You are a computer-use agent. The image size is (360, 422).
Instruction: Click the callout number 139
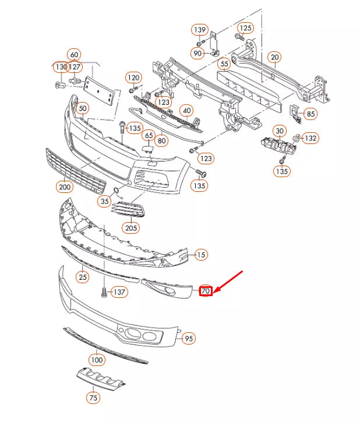pyautogui.click(x=200, y=29)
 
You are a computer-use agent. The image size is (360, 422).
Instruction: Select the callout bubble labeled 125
pyautogui.click(x=246, y=27)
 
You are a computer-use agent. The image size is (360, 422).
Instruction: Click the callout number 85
pyautogui.click(x=311, y=114)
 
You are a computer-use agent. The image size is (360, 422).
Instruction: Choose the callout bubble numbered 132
pyautogui.click(x=311, y=138)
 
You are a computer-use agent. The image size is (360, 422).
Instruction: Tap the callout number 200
pyautogui.click(x=64, y=187)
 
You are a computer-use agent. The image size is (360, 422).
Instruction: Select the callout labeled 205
pyautogui.click(x=131, y=227)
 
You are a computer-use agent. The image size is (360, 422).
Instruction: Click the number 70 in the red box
pyautogui.click(x=205, y=291)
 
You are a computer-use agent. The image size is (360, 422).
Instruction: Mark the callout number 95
pyautogui.click(x=188, y=338)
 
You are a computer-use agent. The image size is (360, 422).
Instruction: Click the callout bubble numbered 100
pyautogui.click(x=96, y=360)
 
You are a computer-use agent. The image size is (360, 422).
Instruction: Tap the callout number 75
pyautogui.click(x=93, y=398)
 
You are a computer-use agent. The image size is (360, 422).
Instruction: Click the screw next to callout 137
pyautogui.click(x=104, y=291)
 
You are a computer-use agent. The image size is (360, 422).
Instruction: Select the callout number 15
pyautogui.click(x=200, y=255)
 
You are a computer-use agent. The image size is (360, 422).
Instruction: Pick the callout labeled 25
pyautogui.click(x=83, y=277)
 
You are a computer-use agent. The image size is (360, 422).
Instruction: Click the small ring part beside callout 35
pyautogui.click(x=115, y=191)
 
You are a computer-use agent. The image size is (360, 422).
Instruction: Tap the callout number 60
pyautogui.click(x=74, y=55)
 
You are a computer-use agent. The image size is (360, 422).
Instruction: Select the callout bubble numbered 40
pyautogui.click(x=186, y=110)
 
